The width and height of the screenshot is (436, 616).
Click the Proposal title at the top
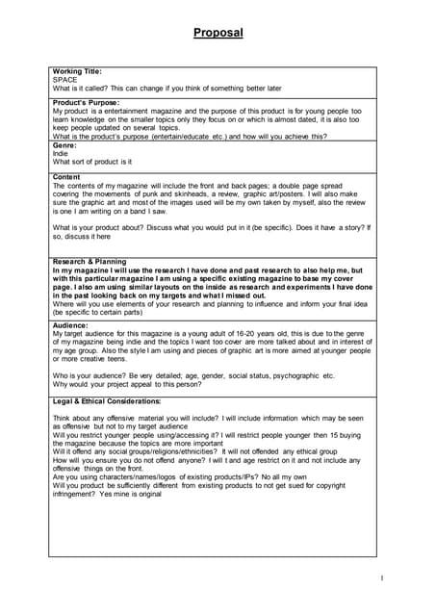tap(218, 33)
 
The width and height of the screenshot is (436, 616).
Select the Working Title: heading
tap(77, 71)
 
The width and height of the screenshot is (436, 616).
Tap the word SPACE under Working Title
tap(65, 80)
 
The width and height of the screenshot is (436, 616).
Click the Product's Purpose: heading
tap(87, 102)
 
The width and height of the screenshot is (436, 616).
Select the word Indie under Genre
tap(62, 154)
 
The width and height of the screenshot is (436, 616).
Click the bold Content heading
tap(67, 177)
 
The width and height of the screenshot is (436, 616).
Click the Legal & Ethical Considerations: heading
tap(107, 400)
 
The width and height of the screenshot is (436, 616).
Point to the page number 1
tap(381, 577)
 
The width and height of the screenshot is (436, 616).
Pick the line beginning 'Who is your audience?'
tap(192, 375)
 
